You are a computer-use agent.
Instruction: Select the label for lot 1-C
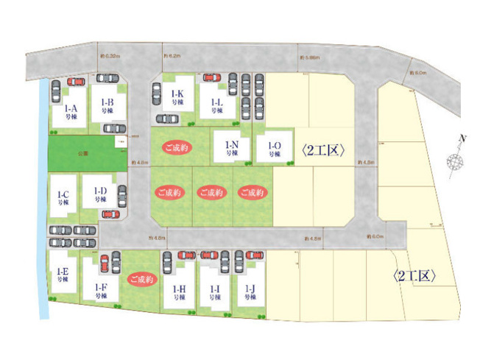tap(63, 198)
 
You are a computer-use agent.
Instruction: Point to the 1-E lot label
tap(62, 276)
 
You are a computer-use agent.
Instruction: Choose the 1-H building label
tap(177, 293)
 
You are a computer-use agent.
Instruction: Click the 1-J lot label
tap(250, 293)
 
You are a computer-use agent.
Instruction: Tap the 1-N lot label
tap(231, 149)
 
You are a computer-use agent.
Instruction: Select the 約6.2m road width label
tap(172, 55)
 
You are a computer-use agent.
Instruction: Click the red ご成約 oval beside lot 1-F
tap(141, 280)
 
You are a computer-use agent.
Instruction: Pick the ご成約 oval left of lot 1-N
tap(177, 147)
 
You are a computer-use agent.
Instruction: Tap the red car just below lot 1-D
tap(110, 214)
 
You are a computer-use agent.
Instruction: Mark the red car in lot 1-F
tap(104, 263)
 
